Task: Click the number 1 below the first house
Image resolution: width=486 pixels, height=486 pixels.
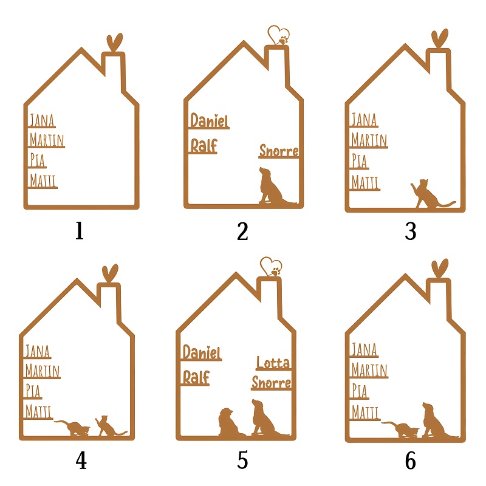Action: point(80,231)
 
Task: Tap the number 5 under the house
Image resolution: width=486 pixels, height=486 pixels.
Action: point(242,460)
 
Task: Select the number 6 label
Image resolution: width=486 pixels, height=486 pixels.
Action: point(411,460)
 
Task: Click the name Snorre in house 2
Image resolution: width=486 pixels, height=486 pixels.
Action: point(279,151)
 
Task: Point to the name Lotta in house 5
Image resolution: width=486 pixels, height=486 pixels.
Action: point(273,362)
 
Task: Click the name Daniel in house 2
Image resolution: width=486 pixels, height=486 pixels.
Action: point(210,120)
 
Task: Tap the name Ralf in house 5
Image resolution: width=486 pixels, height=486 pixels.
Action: point(196,377)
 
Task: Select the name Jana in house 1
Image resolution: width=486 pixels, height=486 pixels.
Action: point(42,120)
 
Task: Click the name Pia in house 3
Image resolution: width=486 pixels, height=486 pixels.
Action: point(359,161)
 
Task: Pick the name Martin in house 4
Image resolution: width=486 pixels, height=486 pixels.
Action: point(43,371)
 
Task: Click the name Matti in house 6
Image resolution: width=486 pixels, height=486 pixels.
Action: point(365,412)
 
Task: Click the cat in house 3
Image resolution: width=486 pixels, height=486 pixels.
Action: point(431,194)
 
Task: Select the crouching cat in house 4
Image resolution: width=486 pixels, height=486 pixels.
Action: point(74,428)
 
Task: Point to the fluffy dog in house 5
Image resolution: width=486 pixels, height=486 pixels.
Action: point(230,422)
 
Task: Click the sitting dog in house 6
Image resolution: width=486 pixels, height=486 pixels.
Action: point(437,420)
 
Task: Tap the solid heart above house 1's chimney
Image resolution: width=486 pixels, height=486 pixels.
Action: point(114,42)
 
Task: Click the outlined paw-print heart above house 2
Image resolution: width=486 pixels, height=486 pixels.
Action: point(279,36)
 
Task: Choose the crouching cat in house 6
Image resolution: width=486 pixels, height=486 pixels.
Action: point(401,430)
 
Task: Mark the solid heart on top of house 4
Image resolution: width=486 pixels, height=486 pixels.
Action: point(110,272)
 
